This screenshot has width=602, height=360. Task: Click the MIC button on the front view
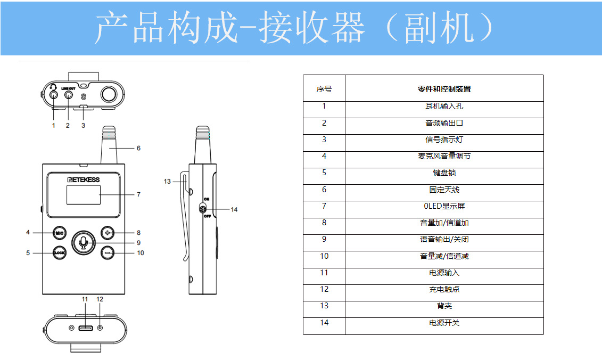pos(60,233)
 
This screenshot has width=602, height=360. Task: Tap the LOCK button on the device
pos(60,253)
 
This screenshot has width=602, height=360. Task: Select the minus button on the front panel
pos(108,253)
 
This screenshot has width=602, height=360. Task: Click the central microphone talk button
pos(84,242)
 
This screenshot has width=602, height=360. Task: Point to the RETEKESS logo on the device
pos(84,179)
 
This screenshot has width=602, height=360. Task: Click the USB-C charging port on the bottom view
pos(86,328)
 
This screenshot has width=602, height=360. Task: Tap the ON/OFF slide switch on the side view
pos(203,209)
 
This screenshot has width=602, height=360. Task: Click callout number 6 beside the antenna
pos(138,148)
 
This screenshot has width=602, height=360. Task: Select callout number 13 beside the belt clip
pos(167,182)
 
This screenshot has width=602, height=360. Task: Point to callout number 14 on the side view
pos(234,209)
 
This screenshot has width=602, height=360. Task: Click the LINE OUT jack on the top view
pos(69,94)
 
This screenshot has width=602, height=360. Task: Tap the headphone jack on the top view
pos(53,94)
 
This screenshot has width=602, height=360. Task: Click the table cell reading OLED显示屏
pos(444,206)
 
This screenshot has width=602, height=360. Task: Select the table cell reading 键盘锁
pos(444,173)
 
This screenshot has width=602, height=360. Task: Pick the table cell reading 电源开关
pos(444,323)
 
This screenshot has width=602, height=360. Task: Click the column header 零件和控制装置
pos(444,89)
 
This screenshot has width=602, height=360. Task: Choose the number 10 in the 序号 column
pos(324,256)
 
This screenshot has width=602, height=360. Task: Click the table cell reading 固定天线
pos(444,190)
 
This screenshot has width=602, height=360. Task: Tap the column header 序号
pos(324,89)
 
